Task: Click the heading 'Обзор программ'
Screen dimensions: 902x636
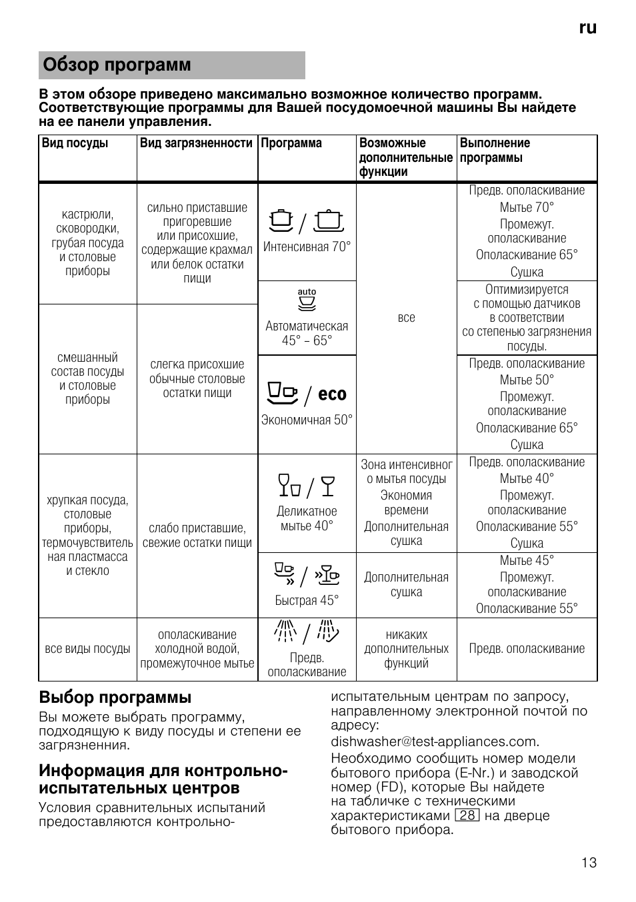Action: click(117, 65)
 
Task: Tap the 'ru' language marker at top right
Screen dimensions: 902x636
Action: click(587, 28)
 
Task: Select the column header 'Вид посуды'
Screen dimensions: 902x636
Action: click(75, 143)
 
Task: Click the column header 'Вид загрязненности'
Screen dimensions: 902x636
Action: click(197, 143)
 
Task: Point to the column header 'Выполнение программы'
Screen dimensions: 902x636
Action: click(495, 151)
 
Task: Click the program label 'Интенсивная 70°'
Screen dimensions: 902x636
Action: click(307, 247)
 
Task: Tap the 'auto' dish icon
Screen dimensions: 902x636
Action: click(307, 301)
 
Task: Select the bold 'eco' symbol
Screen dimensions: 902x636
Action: click(332, 394)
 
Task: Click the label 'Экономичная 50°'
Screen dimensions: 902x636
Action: click(307, 420)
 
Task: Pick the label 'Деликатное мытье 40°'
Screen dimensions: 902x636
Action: click(307, 518)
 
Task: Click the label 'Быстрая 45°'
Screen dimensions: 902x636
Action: click(307, 600)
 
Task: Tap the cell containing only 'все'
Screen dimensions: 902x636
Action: click(406, 318)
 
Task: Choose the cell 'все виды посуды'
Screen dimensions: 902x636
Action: click(87, 649)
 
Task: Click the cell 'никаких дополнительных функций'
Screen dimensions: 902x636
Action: click(406, 649)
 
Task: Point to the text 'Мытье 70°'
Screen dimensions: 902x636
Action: click(527, 207)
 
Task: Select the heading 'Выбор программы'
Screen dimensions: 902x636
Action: click(115, 697)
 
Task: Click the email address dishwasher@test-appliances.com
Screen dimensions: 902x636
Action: click(435, 741)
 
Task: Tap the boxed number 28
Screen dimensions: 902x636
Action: click(467, 815)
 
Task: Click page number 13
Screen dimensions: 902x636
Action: click(589, 863)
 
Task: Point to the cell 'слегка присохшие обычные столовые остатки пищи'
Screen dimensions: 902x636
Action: click(197, 378)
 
